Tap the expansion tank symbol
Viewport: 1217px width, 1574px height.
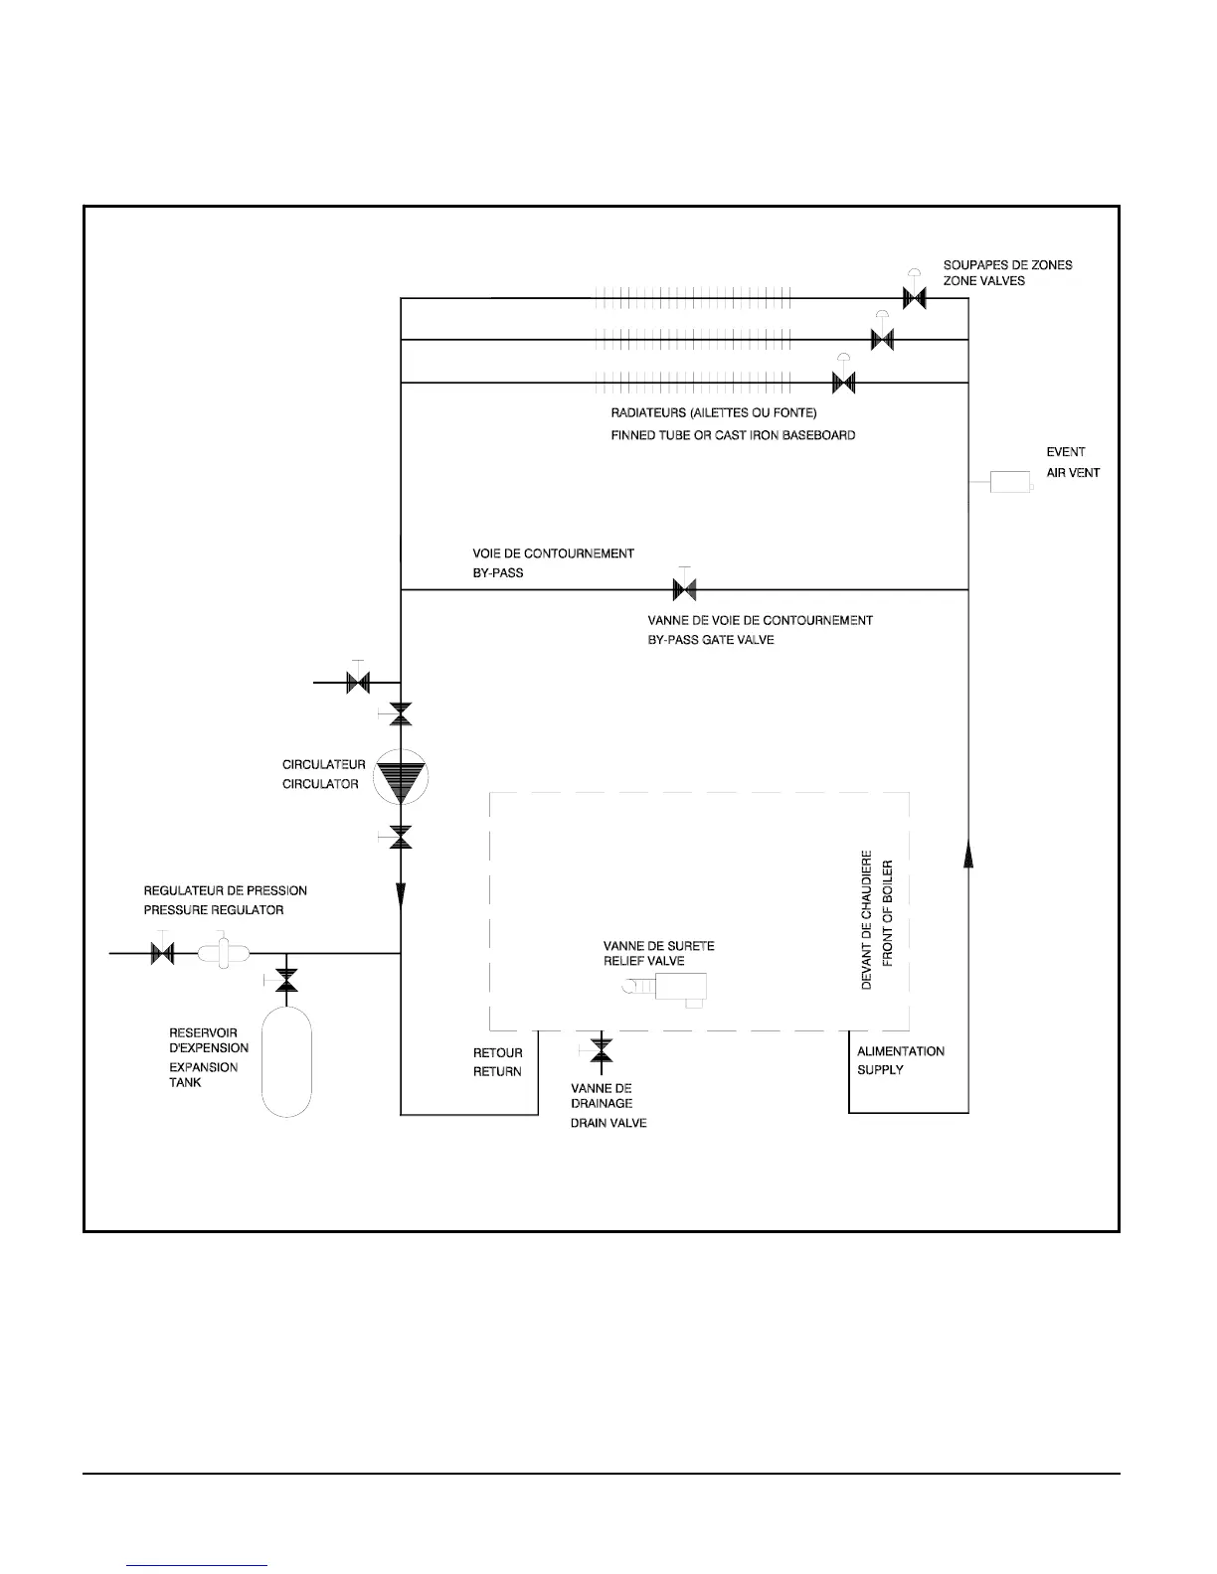coord(286,1060)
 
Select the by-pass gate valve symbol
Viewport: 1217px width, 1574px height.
coord(684,589)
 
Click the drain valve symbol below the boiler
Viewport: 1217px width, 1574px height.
coord(601,1049)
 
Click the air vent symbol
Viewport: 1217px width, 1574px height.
coord(1011,483)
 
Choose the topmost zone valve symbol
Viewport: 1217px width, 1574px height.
coord(914,297)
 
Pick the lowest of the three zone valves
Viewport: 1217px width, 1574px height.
coord(843,383)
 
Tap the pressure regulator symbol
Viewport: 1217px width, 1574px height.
coord(222,952)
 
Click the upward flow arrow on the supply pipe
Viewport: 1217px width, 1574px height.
coord(968,852)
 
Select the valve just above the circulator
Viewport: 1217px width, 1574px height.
coord(401,713)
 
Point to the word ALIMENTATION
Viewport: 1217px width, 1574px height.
coord(901,1050)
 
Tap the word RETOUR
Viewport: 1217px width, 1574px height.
coord(497,1052)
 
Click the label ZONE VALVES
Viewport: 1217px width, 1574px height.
coord(983,281)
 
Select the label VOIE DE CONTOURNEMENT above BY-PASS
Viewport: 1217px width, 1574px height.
coord(553,553)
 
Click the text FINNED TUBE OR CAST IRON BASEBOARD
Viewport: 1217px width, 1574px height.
coord(733,435)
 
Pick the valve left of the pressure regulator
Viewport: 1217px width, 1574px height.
coord(162,953)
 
